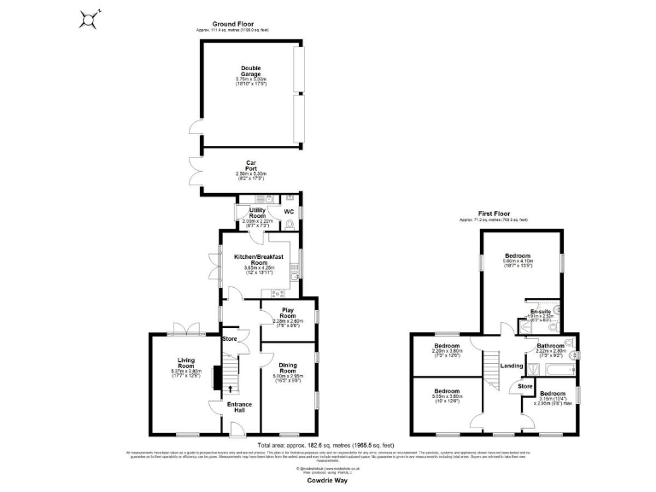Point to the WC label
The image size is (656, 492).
(x=289, y=210)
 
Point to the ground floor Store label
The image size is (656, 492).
(x=229, y=339)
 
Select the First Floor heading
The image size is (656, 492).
(x=494, y=214)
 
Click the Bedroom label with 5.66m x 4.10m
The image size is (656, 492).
(x=518, y=255)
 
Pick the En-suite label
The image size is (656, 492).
(x=540, y=312)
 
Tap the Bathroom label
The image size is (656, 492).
(x=550, y=346)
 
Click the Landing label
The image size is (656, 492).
(x=512, y=366)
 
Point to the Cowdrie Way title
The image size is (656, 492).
(x=328, y=481)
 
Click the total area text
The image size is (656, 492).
(x=328, y=445)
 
